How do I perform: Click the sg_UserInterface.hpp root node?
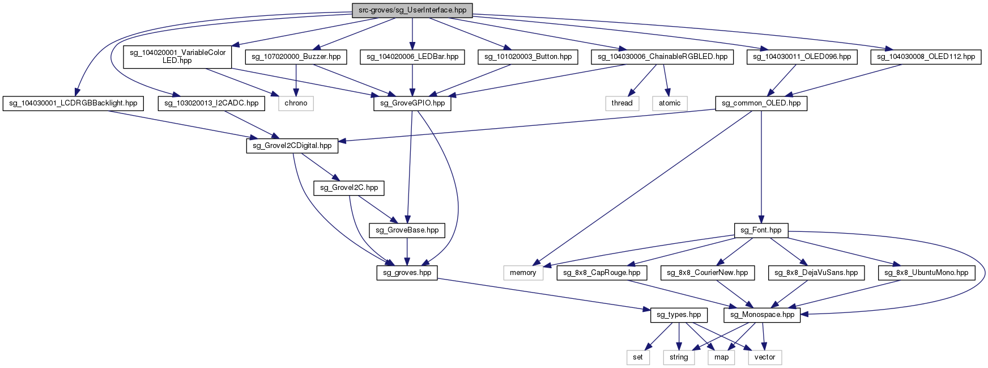tap(412, 10)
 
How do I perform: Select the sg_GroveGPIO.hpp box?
tap(412, 103)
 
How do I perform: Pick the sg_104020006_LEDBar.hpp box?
tap(412, 57)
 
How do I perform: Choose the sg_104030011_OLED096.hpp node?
tap(802, 57)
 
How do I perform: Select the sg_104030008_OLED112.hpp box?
tap(926, 57)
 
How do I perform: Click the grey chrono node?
tap(296, 103)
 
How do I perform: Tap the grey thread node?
tap(621, 103)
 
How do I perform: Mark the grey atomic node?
tap(670, 103)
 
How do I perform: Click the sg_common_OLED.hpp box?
tap(761, 103)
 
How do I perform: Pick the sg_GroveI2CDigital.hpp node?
tap(292, 146)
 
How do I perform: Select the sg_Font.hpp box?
tap(761, 230)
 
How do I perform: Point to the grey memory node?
tap(523, 273)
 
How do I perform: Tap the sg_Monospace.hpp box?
tap(763, 315)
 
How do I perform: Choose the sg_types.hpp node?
tap(679, 315)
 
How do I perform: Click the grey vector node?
tap(765, 357)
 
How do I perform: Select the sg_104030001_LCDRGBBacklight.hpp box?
tap(73, 103)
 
